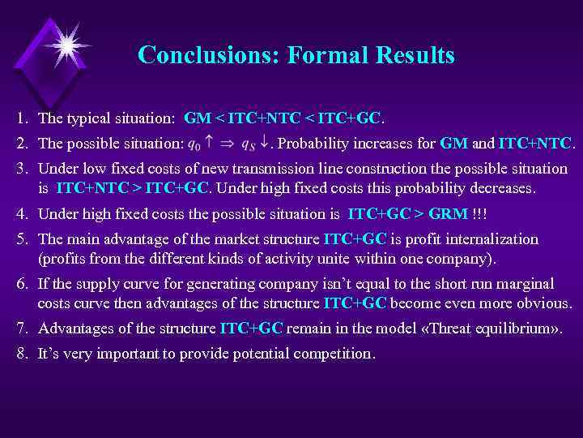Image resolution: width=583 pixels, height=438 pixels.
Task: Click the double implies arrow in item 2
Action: click(230, 144)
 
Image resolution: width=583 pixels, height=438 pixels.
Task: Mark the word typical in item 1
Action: click(88, 118)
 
